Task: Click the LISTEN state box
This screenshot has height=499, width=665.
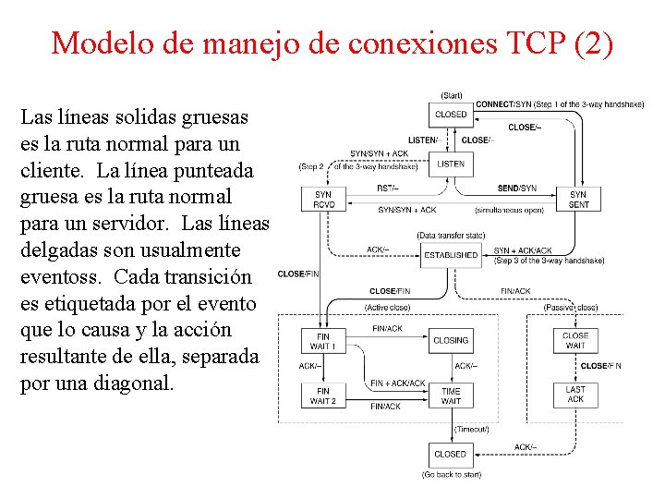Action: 451,164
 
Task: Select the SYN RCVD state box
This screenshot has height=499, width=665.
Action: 322,200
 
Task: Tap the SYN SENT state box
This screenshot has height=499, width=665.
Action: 578,200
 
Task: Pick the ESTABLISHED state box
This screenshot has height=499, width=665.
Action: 452,255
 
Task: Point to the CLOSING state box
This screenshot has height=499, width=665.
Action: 451,340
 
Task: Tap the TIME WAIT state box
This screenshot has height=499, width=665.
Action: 451,396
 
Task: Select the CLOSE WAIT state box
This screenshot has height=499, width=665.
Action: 575,341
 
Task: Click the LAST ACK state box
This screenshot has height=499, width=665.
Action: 575,395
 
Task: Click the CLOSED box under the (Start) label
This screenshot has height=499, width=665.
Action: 451,115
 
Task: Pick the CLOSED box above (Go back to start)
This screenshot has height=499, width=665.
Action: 451,454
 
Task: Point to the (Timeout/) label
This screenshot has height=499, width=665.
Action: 471,429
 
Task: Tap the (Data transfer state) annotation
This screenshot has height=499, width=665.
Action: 451,235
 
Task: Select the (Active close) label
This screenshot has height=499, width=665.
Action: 387,307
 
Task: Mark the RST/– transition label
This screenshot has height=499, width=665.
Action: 388,188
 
